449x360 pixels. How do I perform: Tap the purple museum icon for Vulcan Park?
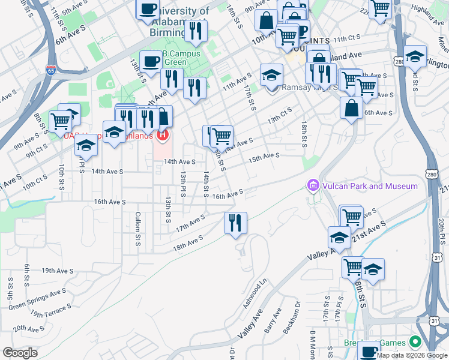[x=312, y=186]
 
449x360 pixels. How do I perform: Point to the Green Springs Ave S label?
[x=37, y=301]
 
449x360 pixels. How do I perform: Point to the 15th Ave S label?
[x=265, y=156]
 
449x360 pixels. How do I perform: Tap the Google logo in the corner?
[x=20, y=353]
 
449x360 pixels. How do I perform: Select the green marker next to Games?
[x=414, y=342]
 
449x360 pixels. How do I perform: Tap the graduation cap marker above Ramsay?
[x=271, y=76]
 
